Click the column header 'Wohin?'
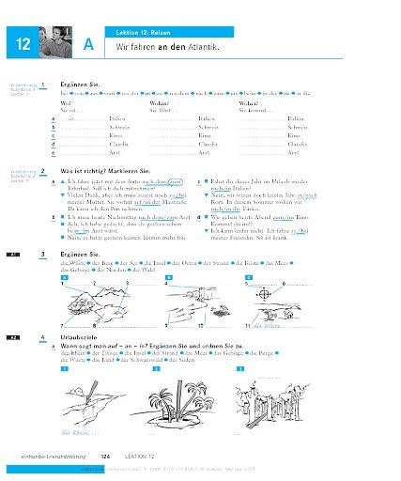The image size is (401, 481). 161,104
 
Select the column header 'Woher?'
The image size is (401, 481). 249,104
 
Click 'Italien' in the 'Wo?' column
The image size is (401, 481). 117,120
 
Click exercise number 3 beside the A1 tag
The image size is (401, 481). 43,255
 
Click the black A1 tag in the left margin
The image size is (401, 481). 12,255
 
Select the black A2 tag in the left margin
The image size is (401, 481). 12,336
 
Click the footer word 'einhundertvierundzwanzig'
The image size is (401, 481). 47,455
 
